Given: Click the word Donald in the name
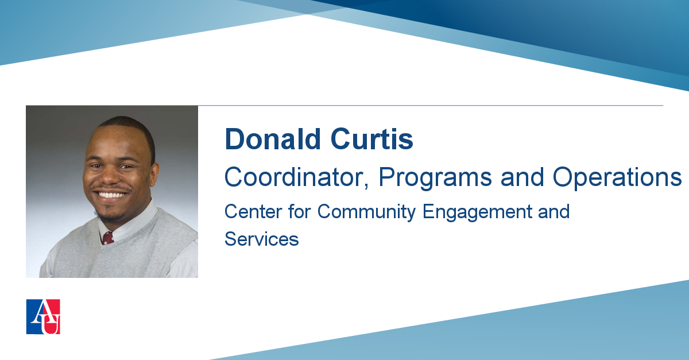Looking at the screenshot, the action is tap(273, 139).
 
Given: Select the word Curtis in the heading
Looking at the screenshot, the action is tap(371, 139).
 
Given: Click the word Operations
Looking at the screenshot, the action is tap(617, 179).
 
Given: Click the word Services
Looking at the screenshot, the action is tap(261, 239).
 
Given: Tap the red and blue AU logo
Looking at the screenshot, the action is tap(43, 316).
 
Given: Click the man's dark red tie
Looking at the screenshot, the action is tap(108, 238).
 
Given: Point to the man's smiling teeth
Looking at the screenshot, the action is tap(111, 195).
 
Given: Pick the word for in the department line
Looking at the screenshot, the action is tap(300, 212).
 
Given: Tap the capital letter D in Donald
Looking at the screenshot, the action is tap(234, 139).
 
